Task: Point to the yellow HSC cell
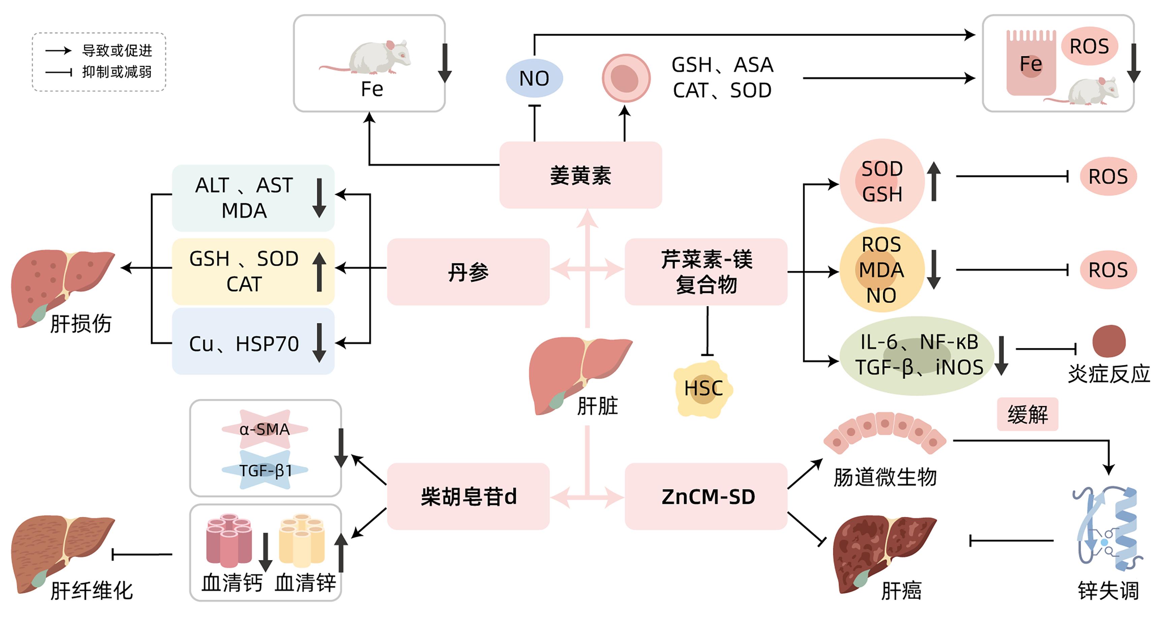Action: pos(703,389)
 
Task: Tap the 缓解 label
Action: pos(1027,414)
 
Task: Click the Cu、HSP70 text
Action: pos(244,344)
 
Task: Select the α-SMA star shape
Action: pos(265,429)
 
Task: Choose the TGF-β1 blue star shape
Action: pos(265,470)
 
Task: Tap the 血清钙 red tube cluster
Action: pos(229,540)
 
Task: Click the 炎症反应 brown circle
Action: pos(1108,341)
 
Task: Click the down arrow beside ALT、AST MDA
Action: pos(319,197)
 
